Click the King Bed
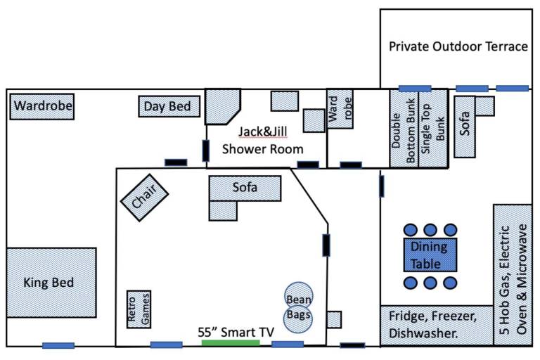point(51,283)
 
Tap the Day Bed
point(169,107)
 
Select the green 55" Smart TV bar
point(231,343)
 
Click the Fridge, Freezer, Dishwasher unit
point(436,325)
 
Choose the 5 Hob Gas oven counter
point(513,274)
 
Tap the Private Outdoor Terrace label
point(458,47)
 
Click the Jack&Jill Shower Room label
point(262,140)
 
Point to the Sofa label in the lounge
point(245,188)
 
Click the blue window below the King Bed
point(58,345)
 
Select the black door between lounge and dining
point(326,245)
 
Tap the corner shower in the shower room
point(224,106)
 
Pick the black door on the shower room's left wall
point(206,150)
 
